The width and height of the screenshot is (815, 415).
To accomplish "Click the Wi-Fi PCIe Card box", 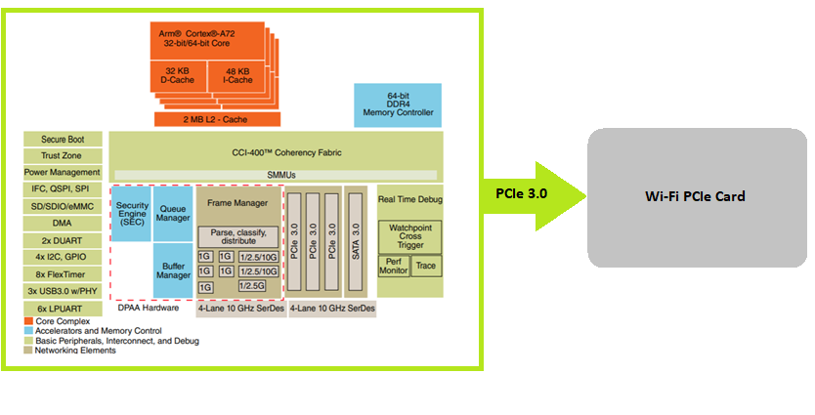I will [695, 196].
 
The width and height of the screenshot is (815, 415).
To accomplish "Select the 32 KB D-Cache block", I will [176, 77].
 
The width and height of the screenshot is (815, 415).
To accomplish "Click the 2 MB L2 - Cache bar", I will [216, 119].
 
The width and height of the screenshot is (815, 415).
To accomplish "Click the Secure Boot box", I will [63, 140].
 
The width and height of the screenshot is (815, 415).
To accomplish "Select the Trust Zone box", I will [63, 156].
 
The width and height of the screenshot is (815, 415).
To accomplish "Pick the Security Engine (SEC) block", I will [132, 214].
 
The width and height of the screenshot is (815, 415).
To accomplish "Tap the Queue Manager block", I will [173, 212].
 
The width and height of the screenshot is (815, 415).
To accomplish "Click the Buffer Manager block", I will [173, 270].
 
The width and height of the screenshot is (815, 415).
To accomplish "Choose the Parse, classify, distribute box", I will [238, 237].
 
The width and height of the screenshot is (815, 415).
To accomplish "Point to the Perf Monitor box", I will [394, 265].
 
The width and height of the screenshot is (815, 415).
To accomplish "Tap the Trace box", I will [426, 265].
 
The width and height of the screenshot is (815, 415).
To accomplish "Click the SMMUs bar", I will [275, 175].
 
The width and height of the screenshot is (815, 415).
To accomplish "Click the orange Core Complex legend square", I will [29, 321].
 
